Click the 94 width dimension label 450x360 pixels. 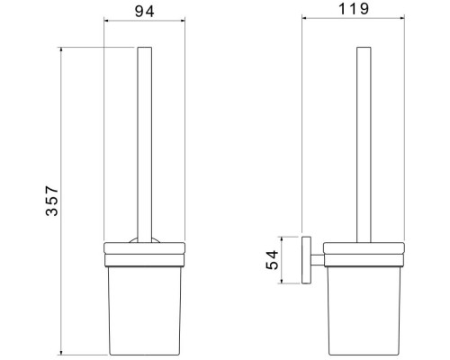145,12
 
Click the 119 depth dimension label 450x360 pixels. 354,9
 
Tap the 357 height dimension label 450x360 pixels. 51,201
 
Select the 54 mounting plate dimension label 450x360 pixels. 273,260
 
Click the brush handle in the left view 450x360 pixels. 145,145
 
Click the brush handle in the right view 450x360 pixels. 364,145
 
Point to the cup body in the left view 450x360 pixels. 145,310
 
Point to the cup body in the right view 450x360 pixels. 364,310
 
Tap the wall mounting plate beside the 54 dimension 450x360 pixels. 306,260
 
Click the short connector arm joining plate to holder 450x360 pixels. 318,260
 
